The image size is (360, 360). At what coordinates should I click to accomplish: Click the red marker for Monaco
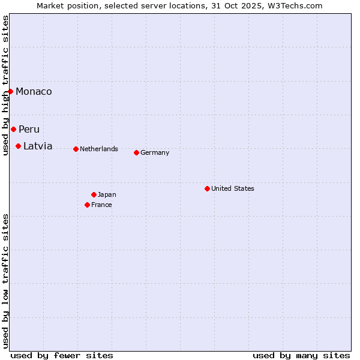pos(10,91)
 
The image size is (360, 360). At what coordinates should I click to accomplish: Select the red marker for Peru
pos(13,129)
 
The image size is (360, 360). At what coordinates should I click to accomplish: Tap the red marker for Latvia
pos(18,146)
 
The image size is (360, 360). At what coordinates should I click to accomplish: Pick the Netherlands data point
pos(76,149)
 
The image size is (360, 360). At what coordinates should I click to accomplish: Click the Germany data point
pos(136,152)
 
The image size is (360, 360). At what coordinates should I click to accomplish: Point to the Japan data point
pos(94,194)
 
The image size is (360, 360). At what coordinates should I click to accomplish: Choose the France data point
pos(87,205)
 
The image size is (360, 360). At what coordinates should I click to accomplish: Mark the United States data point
pos(207,188)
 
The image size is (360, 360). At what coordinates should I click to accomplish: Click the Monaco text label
pos(34,92)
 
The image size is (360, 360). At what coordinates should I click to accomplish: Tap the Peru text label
pos(29,130)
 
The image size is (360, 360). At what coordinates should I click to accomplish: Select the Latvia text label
pos(38,146)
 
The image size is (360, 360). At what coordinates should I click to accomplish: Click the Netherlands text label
pos(99,149)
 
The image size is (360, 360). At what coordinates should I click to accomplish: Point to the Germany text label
pos(155,152)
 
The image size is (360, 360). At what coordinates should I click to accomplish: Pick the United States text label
pos(233,188)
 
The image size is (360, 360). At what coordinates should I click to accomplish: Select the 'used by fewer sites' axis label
pos(62,355)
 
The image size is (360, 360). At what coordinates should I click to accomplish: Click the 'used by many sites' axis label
pos(301,355)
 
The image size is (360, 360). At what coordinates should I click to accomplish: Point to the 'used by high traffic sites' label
pos(5,86)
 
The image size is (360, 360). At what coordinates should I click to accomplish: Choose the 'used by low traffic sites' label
pos(5,281)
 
